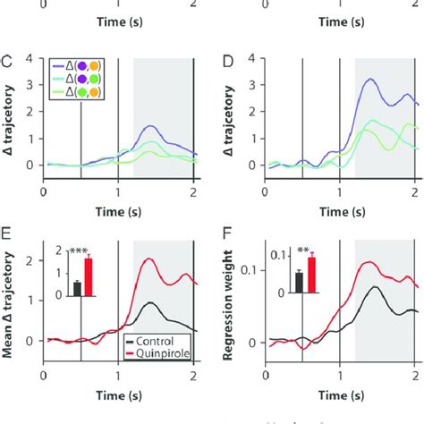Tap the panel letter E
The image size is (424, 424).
click(7, 237)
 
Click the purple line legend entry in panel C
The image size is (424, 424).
click(79, 66)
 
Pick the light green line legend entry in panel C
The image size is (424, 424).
click(79, 93)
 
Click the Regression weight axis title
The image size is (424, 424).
click(235, 299)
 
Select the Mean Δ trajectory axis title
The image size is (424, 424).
click(13, 299)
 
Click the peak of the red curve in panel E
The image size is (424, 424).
click(148, 259)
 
